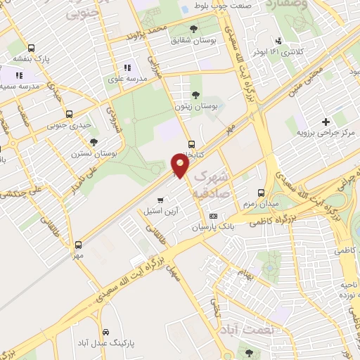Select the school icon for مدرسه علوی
click(x=127, y=68)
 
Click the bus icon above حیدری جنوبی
click(x=68, y=114)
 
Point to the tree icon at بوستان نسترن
click(x=94, y=142)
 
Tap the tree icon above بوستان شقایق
click(x=193, y=29)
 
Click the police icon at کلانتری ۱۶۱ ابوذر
click(x=280, y=40)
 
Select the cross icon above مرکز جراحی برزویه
click(x=326, y=121)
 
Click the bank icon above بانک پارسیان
click(x=214, y=216)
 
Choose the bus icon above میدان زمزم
click(x=261, y=193)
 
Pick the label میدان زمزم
click(x=262, y=204)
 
